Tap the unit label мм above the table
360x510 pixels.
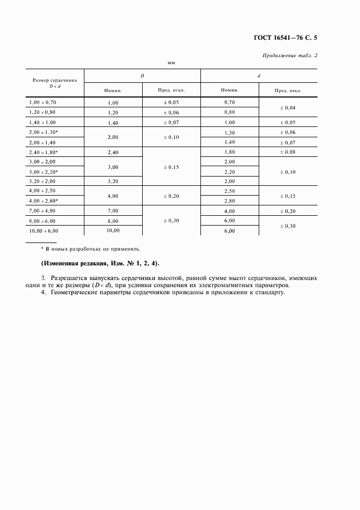tap(171, 64)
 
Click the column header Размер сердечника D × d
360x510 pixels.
tap(54, 82)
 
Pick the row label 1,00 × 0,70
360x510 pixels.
tap(43, 102)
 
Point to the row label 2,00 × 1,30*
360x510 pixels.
tap(45, 132)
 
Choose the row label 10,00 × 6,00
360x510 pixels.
tap(44, 230)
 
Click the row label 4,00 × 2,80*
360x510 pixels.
tap(45, 201)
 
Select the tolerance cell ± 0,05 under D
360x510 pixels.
tap(171, 102)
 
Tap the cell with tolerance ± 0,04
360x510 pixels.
tap(288, 108)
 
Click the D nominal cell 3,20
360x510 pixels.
tap(113, 181)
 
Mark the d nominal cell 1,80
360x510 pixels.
tap(229, 152)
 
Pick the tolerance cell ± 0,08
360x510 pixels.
tap(288, 152)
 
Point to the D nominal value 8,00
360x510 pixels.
tap(113, 221)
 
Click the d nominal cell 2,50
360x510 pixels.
tap(229, 191)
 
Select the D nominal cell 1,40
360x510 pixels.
tap(113, 123)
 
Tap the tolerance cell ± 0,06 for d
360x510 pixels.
tap(288, 132)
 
